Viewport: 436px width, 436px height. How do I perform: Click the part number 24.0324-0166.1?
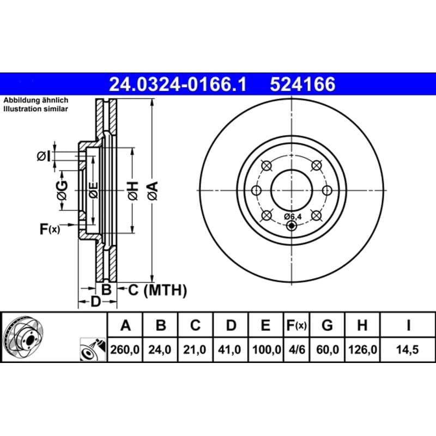pyautogui.click(x=178, y=84)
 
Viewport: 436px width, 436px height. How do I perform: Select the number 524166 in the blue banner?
pyautogui.click(x=302, y=84)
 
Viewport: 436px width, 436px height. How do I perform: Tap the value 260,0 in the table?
pyautogui.click(x=125, y=349)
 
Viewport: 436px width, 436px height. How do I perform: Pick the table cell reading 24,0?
pyautogui.click(x=160, y=349)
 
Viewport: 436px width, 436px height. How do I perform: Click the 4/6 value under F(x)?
pyautogui.click(x=297, y=349)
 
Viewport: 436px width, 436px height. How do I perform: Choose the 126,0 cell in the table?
pyautogui.click(x=362, y=349)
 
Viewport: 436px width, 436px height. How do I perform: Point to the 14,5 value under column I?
pyautogui.click(x=407, y=349)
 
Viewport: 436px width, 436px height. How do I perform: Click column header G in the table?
pyautogui.click(x=328, y=325)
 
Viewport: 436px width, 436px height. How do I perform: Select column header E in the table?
pyautogui.click(x=265, y=325)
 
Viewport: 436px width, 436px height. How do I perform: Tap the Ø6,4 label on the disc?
pyautogui.click(x=293, y=216)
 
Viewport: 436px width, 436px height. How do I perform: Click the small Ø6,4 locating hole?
pyautogui.click(x=292, y=226)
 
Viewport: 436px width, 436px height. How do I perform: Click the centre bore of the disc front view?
pyautogui.click(x=292, y=190)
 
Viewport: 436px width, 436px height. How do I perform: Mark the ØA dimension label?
pyautogui.click(x=153, y=191)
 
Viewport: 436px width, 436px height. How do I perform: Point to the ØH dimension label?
pyautogui.click(x=133, y=191)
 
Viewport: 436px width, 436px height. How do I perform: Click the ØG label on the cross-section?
pyautogui.click(x=62, y=190)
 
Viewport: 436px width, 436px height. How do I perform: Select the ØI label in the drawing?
pyautogui.click(x=44, y=156)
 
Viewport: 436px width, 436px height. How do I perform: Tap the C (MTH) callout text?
pyautogui.click(x=158, y=290)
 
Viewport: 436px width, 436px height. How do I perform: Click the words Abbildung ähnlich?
pyautogui.click(x=35, y=100)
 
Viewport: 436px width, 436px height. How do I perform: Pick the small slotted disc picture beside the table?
pyautogui.click(x=23, y=336)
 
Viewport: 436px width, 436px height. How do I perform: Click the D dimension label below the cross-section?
pyautogui.click(x=95, y=301)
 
